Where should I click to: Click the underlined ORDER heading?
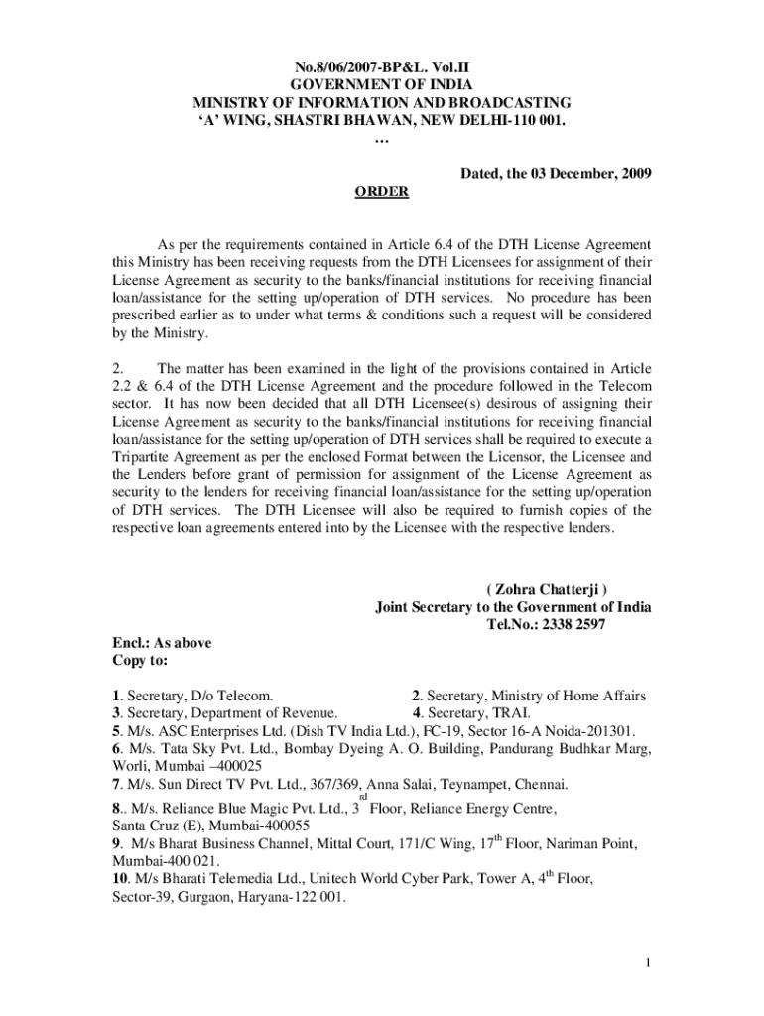click(x=382, y=191)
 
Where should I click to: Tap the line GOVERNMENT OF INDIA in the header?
click(x=382, y=86)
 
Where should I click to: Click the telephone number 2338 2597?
click(x=567, y=624)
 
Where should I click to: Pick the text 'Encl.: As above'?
click(x=161, y=642)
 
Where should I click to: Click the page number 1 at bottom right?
click(x=647, y=962)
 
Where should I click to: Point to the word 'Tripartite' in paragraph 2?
click(x=145, y=457)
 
